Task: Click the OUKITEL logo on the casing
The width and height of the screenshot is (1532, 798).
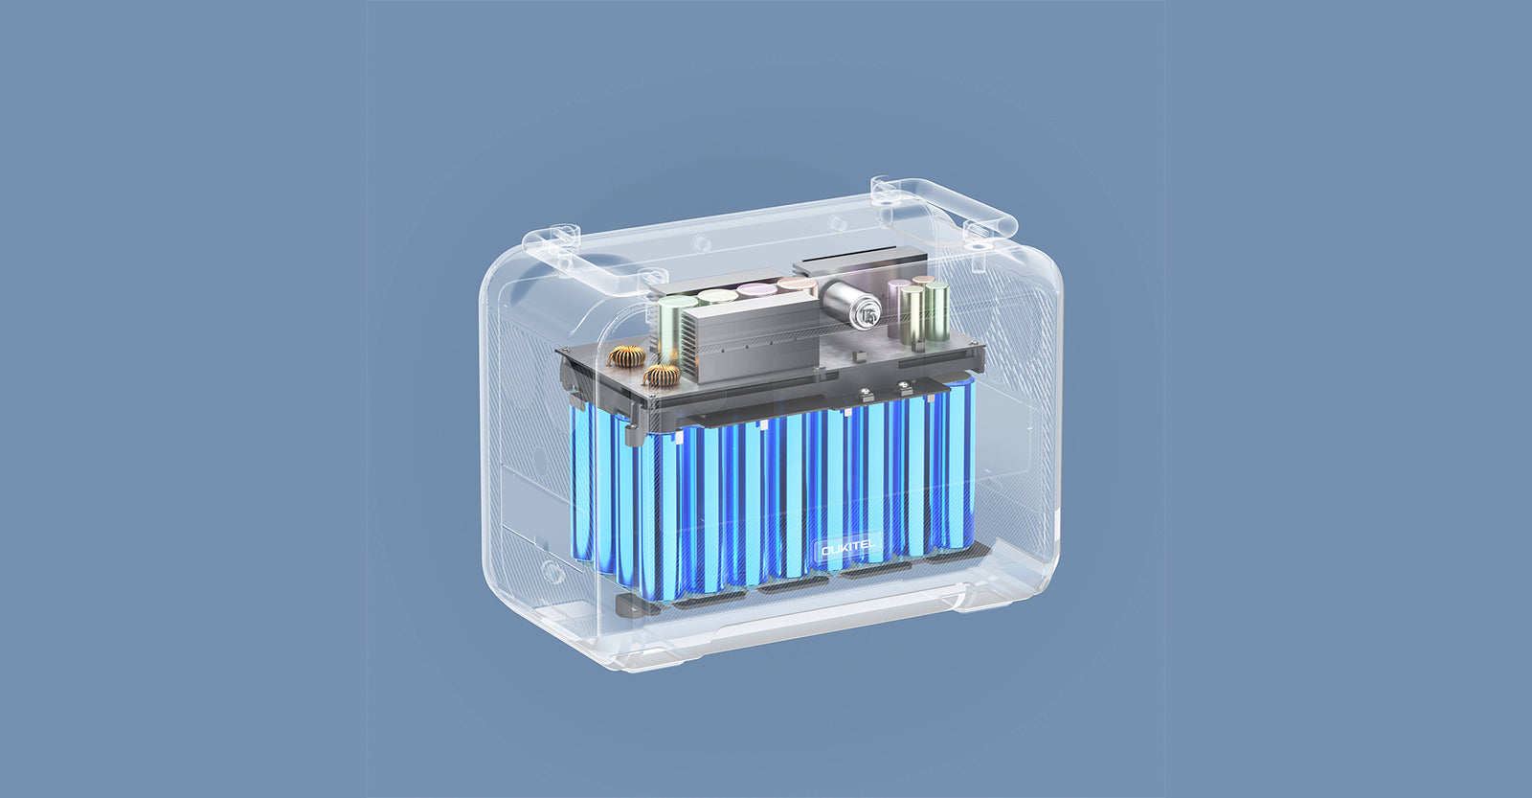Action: pos(848,549)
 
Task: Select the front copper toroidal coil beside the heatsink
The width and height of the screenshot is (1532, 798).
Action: pos(662,375)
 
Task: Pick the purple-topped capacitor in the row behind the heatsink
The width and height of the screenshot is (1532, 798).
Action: pos(756,290)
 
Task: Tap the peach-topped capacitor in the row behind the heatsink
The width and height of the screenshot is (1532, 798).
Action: pos(796,284)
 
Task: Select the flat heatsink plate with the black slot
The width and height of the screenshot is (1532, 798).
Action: pos(860,262)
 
